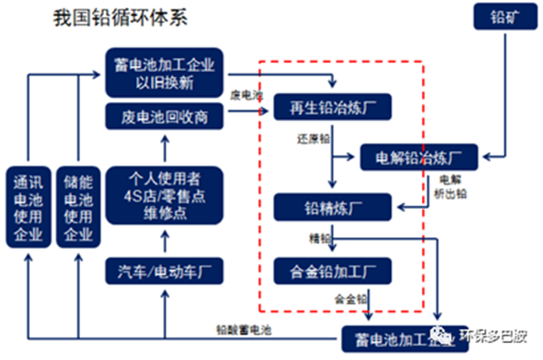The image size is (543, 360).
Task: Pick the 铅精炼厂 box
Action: tap(332, 207)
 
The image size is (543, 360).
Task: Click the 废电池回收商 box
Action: tap(165, 115)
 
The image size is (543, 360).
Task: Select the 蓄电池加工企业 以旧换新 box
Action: tap(165, 73)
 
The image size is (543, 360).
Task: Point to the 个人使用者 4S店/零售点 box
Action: tap(165, 194)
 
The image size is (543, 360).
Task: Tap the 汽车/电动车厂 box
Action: tap(165, 272)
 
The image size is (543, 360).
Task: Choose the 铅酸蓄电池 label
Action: tap(243, 327)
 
